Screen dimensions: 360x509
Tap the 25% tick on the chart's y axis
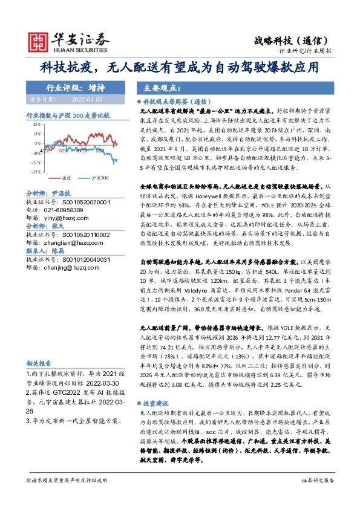(x=37, y=123)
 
